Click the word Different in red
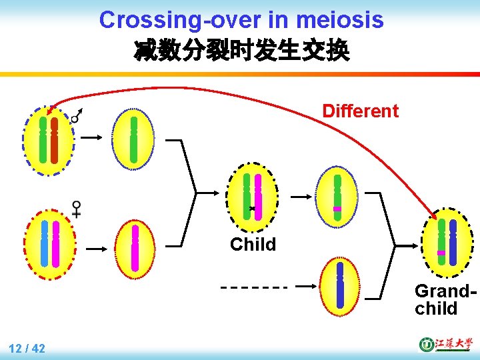pos(360,111)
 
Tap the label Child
pos(253,245)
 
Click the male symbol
pos(77,116)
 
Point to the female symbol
pos(77,209)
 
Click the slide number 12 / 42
pos(27,348)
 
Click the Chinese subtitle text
pos(241,51)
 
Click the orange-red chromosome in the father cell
pos(55,141)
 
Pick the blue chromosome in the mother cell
pos(44,243)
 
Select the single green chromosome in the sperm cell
pos(133,140)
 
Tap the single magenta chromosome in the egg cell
pos(135,247)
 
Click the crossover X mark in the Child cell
pos(252,209)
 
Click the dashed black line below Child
pos(253,288)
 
